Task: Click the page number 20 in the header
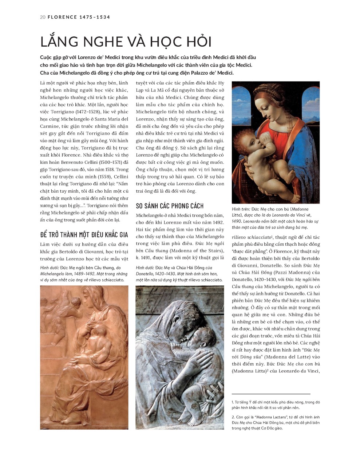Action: [x=42, y=17]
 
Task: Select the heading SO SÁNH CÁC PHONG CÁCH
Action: [x=170, y=206]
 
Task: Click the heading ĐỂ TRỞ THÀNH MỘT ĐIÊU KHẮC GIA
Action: [x=84, y=234]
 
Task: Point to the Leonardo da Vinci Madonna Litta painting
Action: [x=276, y=142]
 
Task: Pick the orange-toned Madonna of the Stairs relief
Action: [x=84, y=357]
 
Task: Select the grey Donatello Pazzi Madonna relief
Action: [x=180, y=357]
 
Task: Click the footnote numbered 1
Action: [x=276, y=404]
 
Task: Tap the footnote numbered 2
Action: [x=276, y=422]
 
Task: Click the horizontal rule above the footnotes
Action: [x=271, y=394]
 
